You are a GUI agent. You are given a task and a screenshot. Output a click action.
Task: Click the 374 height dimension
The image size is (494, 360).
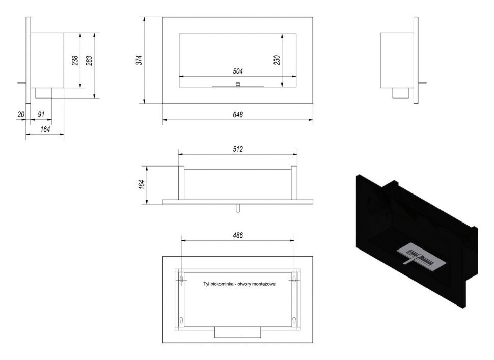139,60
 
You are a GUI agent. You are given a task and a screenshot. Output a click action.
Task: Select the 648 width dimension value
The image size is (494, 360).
238,115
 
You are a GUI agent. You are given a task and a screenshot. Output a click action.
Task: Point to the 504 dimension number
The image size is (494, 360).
238,71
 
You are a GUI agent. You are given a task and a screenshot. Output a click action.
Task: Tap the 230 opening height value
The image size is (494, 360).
277,59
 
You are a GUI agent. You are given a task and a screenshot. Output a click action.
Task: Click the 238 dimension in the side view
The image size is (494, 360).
75,60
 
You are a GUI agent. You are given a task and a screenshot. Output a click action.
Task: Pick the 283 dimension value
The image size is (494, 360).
90,60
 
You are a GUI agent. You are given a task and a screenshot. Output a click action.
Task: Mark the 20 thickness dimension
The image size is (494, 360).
21,115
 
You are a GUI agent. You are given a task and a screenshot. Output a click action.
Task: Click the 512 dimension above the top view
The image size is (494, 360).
238,149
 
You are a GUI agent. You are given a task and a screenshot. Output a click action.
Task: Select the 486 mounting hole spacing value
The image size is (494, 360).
238,235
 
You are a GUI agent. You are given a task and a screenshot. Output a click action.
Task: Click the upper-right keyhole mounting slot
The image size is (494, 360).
294,278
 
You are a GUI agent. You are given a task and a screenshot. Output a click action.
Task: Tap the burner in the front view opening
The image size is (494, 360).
237,85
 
